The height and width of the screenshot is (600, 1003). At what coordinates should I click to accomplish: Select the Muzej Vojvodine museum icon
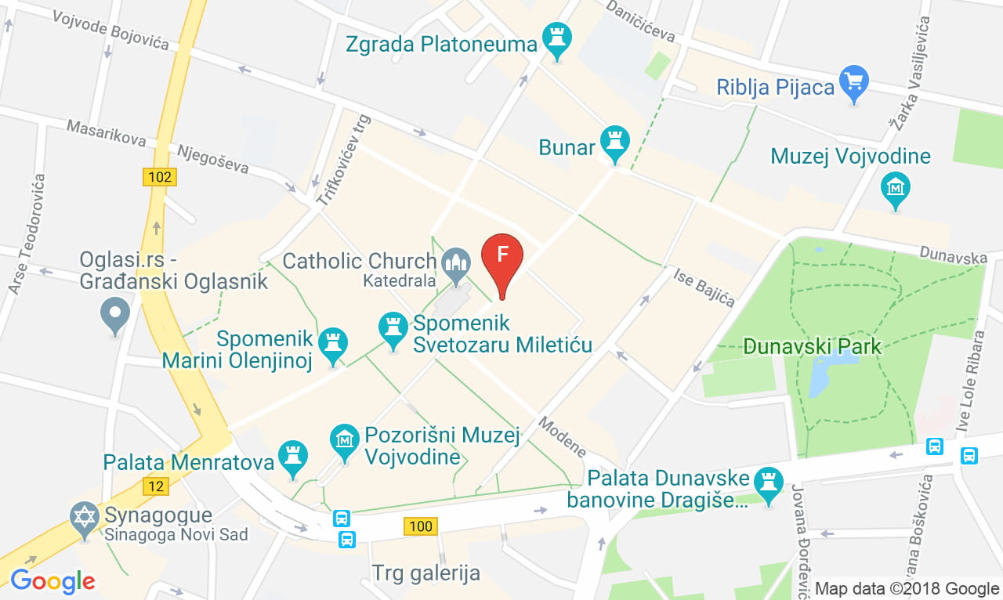(x=895, y=189)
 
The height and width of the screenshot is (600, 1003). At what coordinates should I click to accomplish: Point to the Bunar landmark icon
(x=615, y=143)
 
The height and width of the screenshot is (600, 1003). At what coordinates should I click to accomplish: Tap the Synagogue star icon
(x=85, y=518)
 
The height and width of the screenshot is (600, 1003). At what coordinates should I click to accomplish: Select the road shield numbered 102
(x=159, y=177)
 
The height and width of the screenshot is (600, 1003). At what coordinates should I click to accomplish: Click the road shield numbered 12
(x=156, y=486)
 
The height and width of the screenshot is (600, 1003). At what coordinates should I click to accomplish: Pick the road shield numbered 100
(x=421, y=526)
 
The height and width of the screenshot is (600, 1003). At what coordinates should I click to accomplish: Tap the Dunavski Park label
(x=812, y=346)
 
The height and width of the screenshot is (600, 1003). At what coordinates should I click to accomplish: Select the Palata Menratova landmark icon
(x=293, y=457)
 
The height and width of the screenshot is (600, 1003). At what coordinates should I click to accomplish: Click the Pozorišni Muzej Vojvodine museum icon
(x=345, y=440)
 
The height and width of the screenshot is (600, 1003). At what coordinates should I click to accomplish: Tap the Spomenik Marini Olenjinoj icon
(x=334, y=344)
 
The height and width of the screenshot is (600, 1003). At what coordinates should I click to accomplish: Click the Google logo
(x=53, y=581)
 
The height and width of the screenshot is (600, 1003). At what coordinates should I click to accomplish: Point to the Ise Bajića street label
(x=704, y=287)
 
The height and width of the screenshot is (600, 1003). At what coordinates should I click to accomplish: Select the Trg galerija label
(x=425, y=573)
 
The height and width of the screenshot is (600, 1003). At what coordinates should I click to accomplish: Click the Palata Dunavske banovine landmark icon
(x=768, y=481)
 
